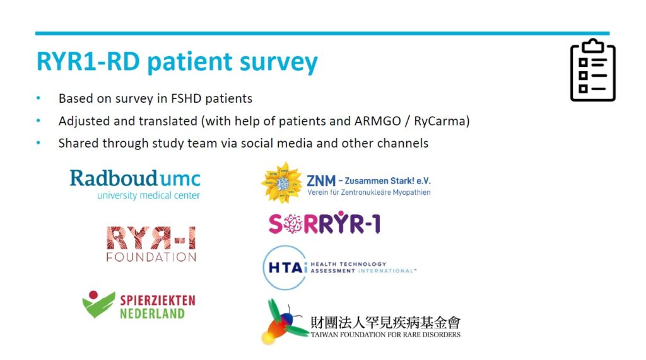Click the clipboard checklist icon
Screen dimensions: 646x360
pos(592,70)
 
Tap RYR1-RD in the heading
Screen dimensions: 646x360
pos(88,61)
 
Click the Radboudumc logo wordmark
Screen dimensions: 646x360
pos(135,179)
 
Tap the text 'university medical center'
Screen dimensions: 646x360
pos(149,195)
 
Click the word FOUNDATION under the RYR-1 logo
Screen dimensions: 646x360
pos(151,257)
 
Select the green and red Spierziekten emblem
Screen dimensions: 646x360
pos(98,304)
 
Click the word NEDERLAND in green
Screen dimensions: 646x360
pos(153,313)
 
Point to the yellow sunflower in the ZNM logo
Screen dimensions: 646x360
pos(282,182)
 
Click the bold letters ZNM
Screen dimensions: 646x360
pos(321,181)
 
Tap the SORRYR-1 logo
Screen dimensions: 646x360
pos(324,223)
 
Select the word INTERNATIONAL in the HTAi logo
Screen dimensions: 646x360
pos(387,271)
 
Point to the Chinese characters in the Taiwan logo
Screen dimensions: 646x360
pos(385,323)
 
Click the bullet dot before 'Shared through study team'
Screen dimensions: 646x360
pos(38,143)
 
